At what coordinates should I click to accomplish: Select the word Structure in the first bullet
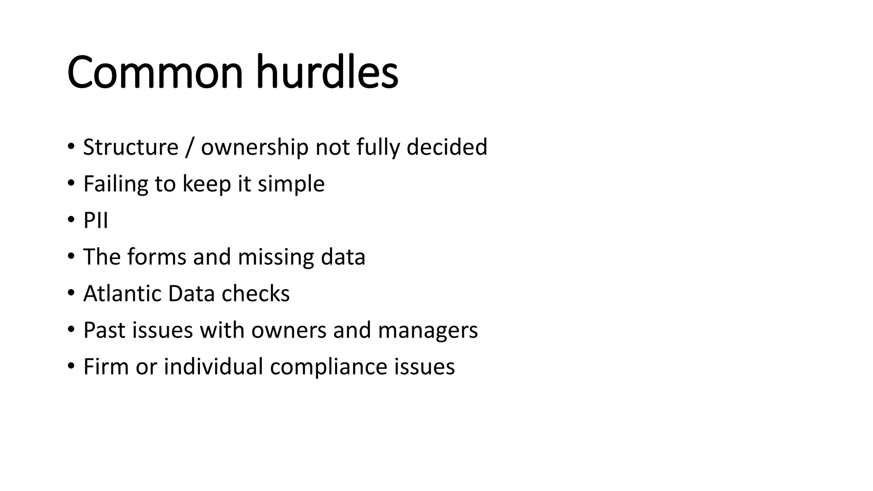tap(130, 147)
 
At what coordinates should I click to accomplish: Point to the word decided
tap(447, 147)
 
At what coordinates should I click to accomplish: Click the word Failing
tap(116, 184)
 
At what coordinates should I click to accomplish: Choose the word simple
tap(291, 184)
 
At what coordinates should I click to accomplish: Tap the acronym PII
tap(95, 221)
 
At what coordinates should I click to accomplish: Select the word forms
tap(157, 257)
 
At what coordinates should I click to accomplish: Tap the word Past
tap(104, 330)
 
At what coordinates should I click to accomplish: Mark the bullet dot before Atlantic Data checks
tap(71, 293)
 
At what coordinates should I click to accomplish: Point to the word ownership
tap(254, 147)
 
